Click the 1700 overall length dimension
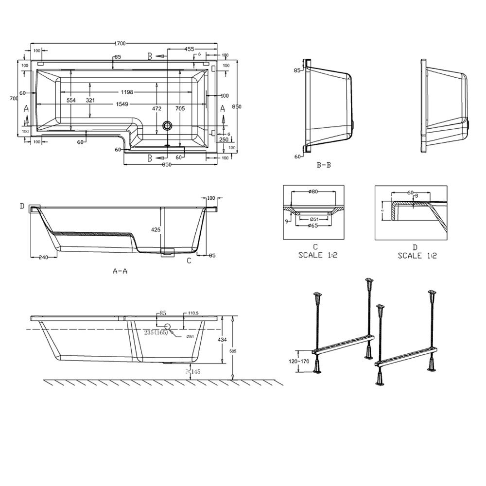(x=120, y=43)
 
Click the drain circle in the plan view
(x=168, y=126)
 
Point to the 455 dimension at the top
(x=189, y=49)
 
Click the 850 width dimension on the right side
(x=237, y=106)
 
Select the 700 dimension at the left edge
(x=14, y=98)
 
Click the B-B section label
(x=324, y=165)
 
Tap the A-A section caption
(x=120, y=272)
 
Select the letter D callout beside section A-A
(x=22, y=207)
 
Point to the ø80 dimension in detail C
(x=313, y=192)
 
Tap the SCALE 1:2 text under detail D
(x=417, y=256)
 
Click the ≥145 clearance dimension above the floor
(x=194, y=371)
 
